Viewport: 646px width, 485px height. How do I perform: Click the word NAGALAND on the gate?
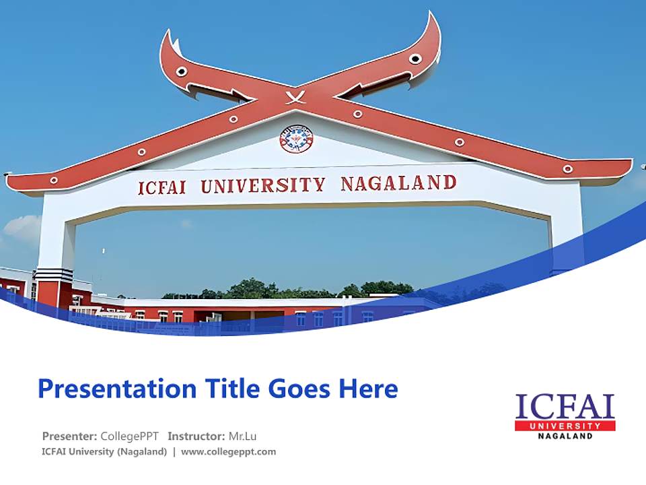(398, 183)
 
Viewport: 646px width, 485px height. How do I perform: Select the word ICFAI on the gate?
(164, 187)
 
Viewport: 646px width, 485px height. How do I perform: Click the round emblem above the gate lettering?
(296, 139)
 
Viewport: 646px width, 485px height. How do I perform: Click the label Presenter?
(70, 436)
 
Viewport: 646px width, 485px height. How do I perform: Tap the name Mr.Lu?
(242, 436)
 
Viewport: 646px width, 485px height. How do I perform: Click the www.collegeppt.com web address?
(229, 452)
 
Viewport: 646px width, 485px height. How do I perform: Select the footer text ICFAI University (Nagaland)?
(104, 452)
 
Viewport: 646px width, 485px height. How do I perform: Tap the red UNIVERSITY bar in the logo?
(565, 426)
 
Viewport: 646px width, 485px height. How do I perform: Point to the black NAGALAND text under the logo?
(565, 436)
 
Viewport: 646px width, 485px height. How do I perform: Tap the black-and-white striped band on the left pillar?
(54, 275)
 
